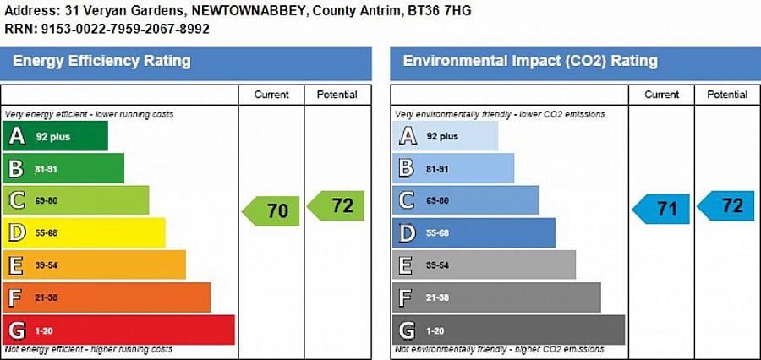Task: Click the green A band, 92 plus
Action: (x=56, y=136)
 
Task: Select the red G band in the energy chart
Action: (x=118, y=330)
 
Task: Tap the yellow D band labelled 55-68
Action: (x=85, y=232)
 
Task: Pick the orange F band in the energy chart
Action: (x=107, y=297)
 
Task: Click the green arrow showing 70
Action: (x=271, y=210)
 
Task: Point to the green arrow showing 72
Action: (x=337, y=205)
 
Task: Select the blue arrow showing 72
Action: (x=726, y=205)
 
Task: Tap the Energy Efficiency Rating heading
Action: (x=101, y=62)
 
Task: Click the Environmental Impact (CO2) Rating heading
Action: (x=530, y=62)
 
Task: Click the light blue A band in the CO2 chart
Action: (x=446, y=136)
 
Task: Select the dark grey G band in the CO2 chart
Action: (x=508, y=330)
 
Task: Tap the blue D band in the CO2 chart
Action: (x=474, y=232)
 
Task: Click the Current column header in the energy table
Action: (x=271, y=95)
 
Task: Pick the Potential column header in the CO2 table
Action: (x=727, y=95)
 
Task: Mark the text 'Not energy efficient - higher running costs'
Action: (x=89, y=349)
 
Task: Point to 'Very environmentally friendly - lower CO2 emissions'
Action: (x=500, y=114)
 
